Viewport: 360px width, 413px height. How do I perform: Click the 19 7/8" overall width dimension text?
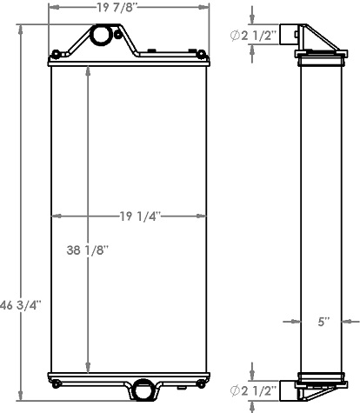(128, 10)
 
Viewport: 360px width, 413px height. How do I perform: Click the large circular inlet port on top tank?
(102, 35)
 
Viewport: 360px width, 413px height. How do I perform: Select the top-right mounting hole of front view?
(203, 55)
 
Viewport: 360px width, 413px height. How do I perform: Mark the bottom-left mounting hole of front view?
(56, 382)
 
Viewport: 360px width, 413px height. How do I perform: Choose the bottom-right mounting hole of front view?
(203, 382)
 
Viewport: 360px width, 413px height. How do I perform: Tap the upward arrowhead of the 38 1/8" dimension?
(87, 70)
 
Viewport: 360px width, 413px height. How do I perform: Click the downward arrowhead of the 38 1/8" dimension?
(87, 368)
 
